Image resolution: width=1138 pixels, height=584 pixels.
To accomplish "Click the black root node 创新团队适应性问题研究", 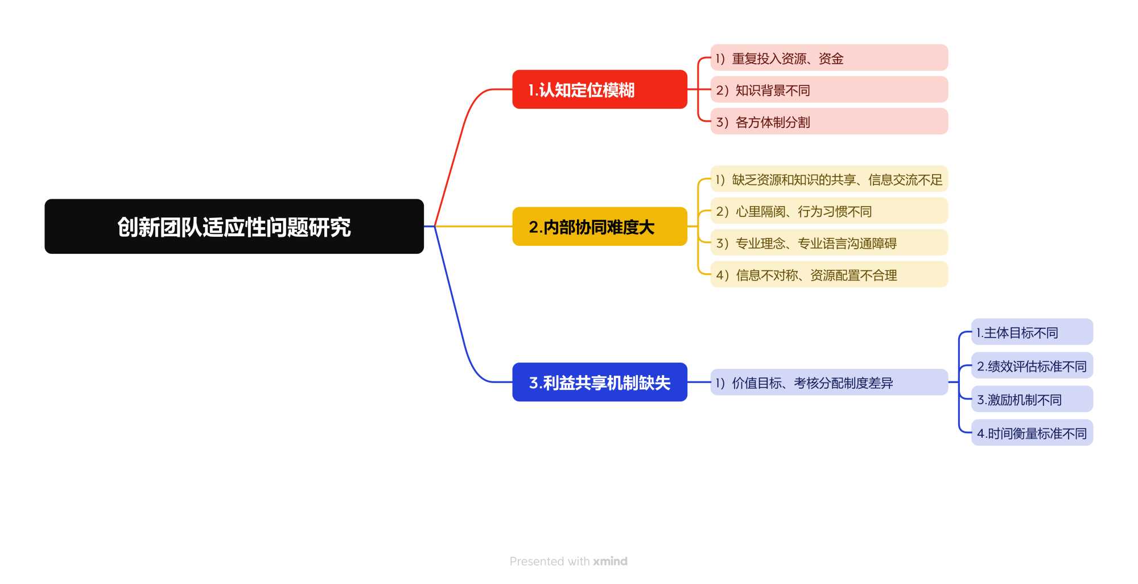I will click(234, 227).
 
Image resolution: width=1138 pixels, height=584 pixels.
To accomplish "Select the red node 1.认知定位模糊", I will click(599, 89).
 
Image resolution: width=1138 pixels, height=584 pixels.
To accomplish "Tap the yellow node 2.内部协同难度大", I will click(599, 227).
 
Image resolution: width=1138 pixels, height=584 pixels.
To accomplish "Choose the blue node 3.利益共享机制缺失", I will click(599, 382).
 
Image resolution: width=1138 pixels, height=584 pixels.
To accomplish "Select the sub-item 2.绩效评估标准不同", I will click(1031, 366).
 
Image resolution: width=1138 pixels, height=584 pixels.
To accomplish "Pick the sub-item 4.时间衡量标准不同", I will click(1031, 433).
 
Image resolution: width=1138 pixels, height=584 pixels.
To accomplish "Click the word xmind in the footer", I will click(610, 561).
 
